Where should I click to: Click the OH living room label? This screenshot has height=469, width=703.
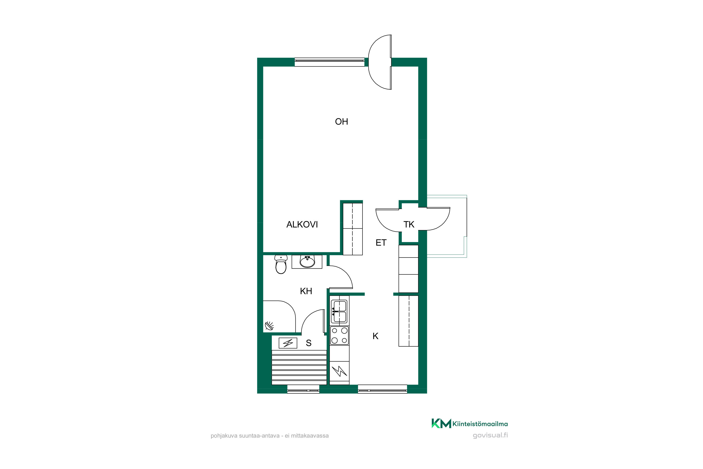tap(341, 121)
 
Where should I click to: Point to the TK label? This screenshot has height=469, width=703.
tap(409, 224)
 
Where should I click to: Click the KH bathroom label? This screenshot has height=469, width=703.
tap(306, 291)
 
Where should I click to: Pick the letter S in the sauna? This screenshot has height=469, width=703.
tap(309, 343)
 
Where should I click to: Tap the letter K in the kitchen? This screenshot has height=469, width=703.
tap(375, 336)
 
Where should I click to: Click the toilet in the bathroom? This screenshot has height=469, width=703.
tap(281, 265)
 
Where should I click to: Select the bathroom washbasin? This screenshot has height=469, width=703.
tap(307, 262)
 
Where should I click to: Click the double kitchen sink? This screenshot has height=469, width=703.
tap(340, 312)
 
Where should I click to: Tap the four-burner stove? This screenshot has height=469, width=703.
tap(340, 335)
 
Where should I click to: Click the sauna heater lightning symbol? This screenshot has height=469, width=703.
tap(288, 343)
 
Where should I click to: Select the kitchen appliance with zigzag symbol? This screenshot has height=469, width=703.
tap(340, 371)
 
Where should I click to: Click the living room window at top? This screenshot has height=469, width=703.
tap(329, 62)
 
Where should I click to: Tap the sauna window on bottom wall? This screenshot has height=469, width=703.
tap(303, 389)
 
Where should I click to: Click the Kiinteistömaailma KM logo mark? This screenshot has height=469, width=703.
tap(441, 424)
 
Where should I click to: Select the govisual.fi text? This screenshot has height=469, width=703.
tap(490, 435)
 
